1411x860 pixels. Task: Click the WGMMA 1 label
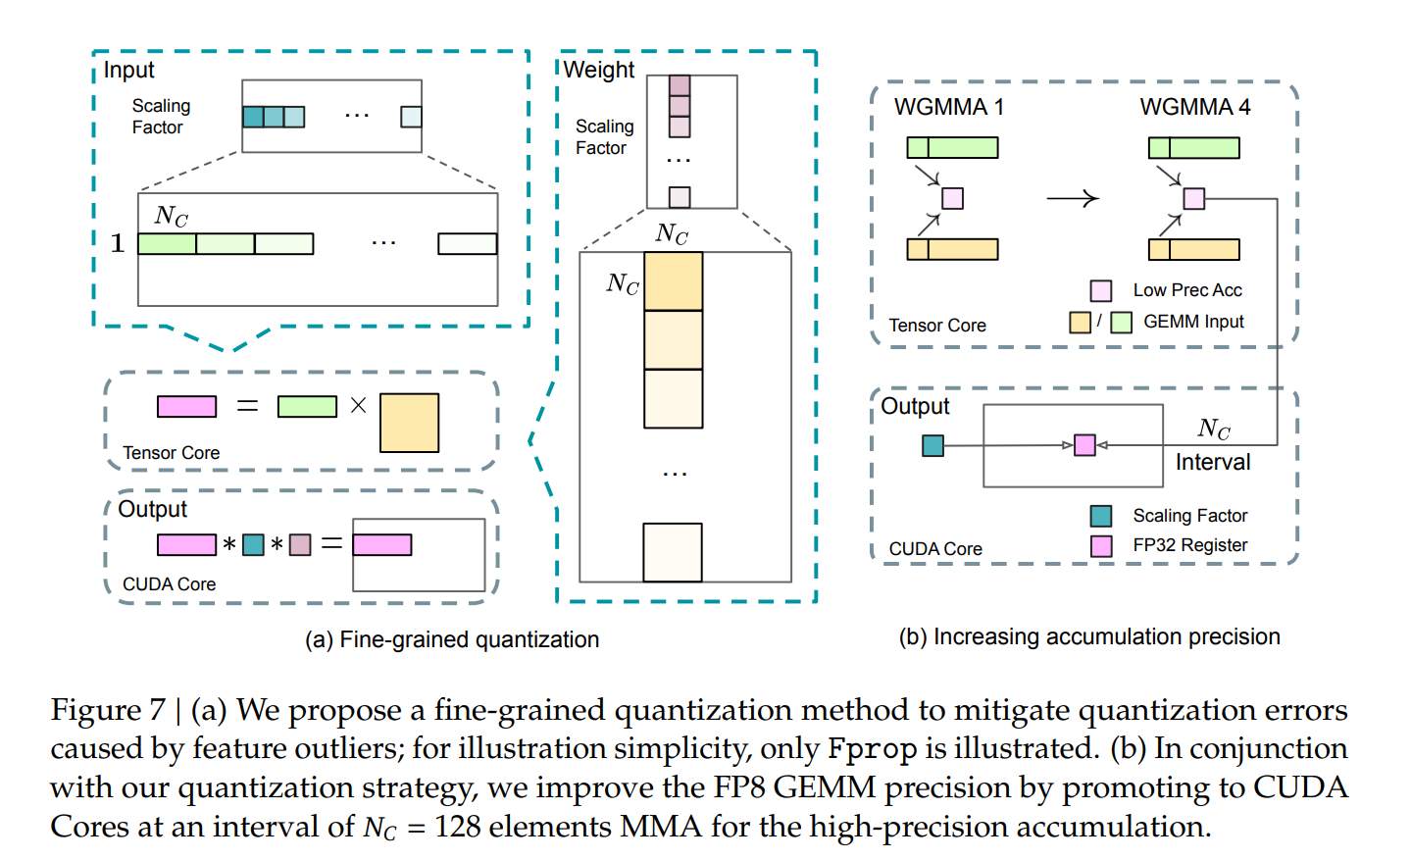948,107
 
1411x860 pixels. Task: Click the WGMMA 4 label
1194,107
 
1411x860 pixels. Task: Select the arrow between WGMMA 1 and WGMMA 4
1072,199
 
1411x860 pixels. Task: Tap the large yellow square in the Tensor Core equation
409,423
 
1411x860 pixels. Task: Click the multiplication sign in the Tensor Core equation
358,405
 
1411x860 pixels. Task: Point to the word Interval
1213,462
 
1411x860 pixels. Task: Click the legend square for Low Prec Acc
1101,290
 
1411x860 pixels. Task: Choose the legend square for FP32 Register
1101,546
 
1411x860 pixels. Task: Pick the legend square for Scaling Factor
1101,516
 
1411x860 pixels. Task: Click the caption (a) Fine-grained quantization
452,639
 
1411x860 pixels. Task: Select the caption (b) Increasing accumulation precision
1089,636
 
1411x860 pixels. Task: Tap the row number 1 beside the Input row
118,243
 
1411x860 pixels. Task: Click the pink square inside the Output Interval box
1084,445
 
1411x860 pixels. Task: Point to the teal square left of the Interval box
932,446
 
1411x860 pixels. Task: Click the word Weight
599,70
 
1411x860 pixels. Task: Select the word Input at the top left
128,70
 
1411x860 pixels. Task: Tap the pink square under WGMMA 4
1193,199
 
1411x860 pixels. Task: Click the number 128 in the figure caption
458,827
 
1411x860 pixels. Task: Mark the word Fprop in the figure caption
872,749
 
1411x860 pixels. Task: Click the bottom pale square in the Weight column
673,552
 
